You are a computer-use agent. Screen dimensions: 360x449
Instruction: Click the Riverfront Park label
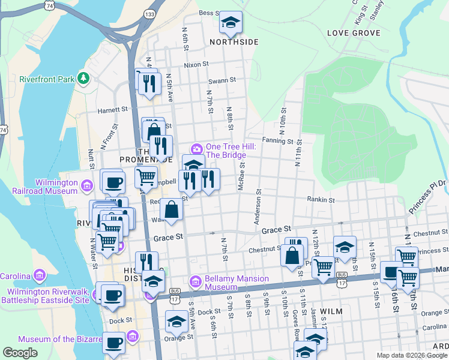(x=46, y=79)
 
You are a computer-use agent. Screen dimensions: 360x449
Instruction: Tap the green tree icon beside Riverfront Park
(x=84, y=79)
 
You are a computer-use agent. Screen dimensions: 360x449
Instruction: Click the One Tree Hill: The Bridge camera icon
(x=196, y=149)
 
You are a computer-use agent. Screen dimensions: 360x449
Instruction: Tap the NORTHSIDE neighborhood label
(x=234, y=42)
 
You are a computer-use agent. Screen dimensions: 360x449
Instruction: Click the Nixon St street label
(x=196, y=64)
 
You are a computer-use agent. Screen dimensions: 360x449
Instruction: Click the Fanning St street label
(x=280, y=142)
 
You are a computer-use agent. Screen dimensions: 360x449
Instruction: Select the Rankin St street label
(x=320, y=199)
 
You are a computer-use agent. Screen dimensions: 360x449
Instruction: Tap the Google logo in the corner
(x=20, y=353)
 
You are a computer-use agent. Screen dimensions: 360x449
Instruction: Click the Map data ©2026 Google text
(x=411, y=355)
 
